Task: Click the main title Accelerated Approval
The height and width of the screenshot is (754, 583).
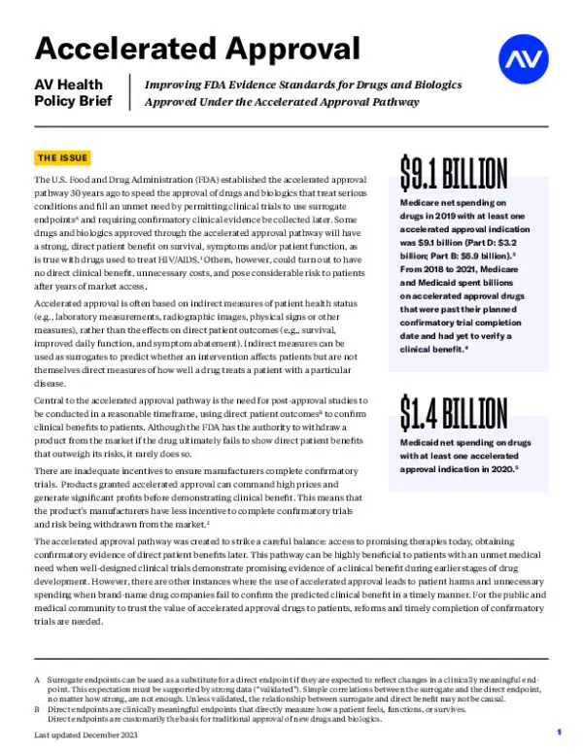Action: pos(197,48)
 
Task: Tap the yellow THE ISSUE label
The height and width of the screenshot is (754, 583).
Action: pos(63,157)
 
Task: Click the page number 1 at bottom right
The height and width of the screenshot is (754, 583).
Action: pos(560,729)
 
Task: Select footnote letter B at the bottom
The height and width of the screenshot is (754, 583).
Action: pos(37,708)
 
